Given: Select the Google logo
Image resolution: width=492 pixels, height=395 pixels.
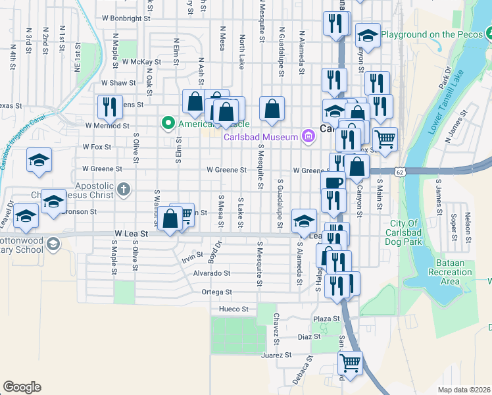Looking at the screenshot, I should coord(22,387).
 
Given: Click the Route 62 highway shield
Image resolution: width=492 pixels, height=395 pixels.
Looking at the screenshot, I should coord(401,171).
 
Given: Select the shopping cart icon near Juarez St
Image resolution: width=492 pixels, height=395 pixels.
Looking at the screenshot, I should coord(350,361).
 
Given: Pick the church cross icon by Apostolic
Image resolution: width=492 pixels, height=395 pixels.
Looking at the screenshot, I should coord(123,191).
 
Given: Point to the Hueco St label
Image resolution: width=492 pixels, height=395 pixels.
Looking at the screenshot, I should coord(234,309).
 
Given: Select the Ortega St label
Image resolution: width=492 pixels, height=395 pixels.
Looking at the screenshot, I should coord(217,292).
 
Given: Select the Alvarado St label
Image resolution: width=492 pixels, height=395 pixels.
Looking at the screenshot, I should coord(212,273).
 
